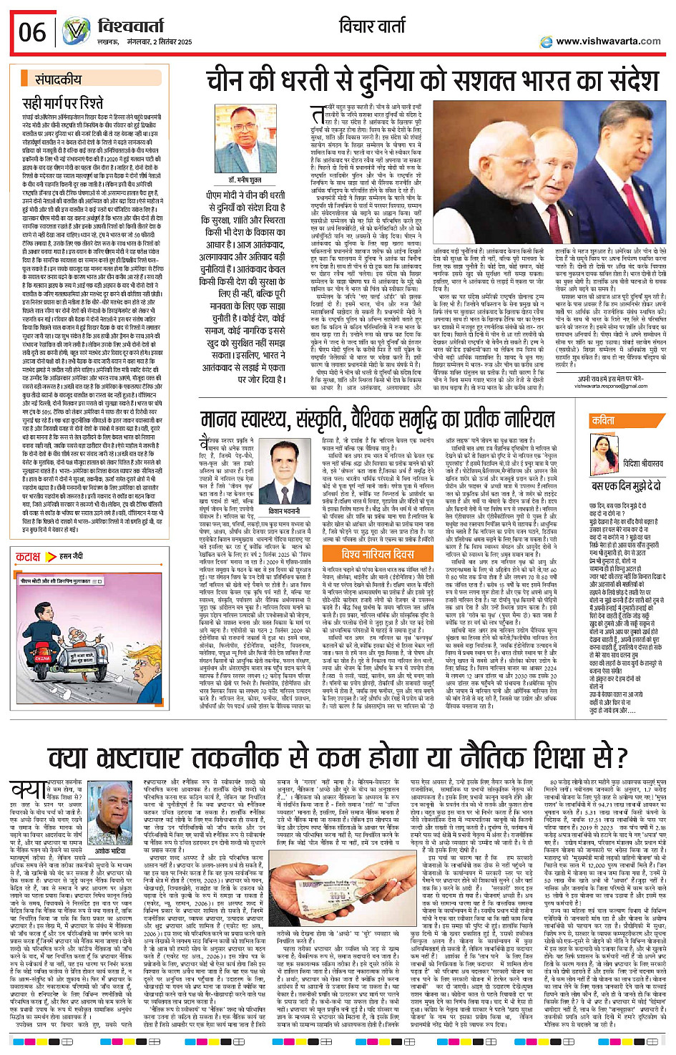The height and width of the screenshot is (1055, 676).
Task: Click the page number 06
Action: tap(32, 32)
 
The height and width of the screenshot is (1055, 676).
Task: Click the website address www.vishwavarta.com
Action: tap(607, 42)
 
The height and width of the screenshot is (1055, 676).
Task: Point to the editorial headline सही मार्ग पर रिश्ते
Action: tap(63, 103)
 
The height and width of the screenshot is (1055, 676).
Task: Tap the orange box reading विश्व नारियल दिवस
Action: tap(377, 555)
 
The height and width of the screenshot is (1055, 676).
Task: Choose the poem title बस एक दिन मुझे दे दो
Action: tap(627, 485)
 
